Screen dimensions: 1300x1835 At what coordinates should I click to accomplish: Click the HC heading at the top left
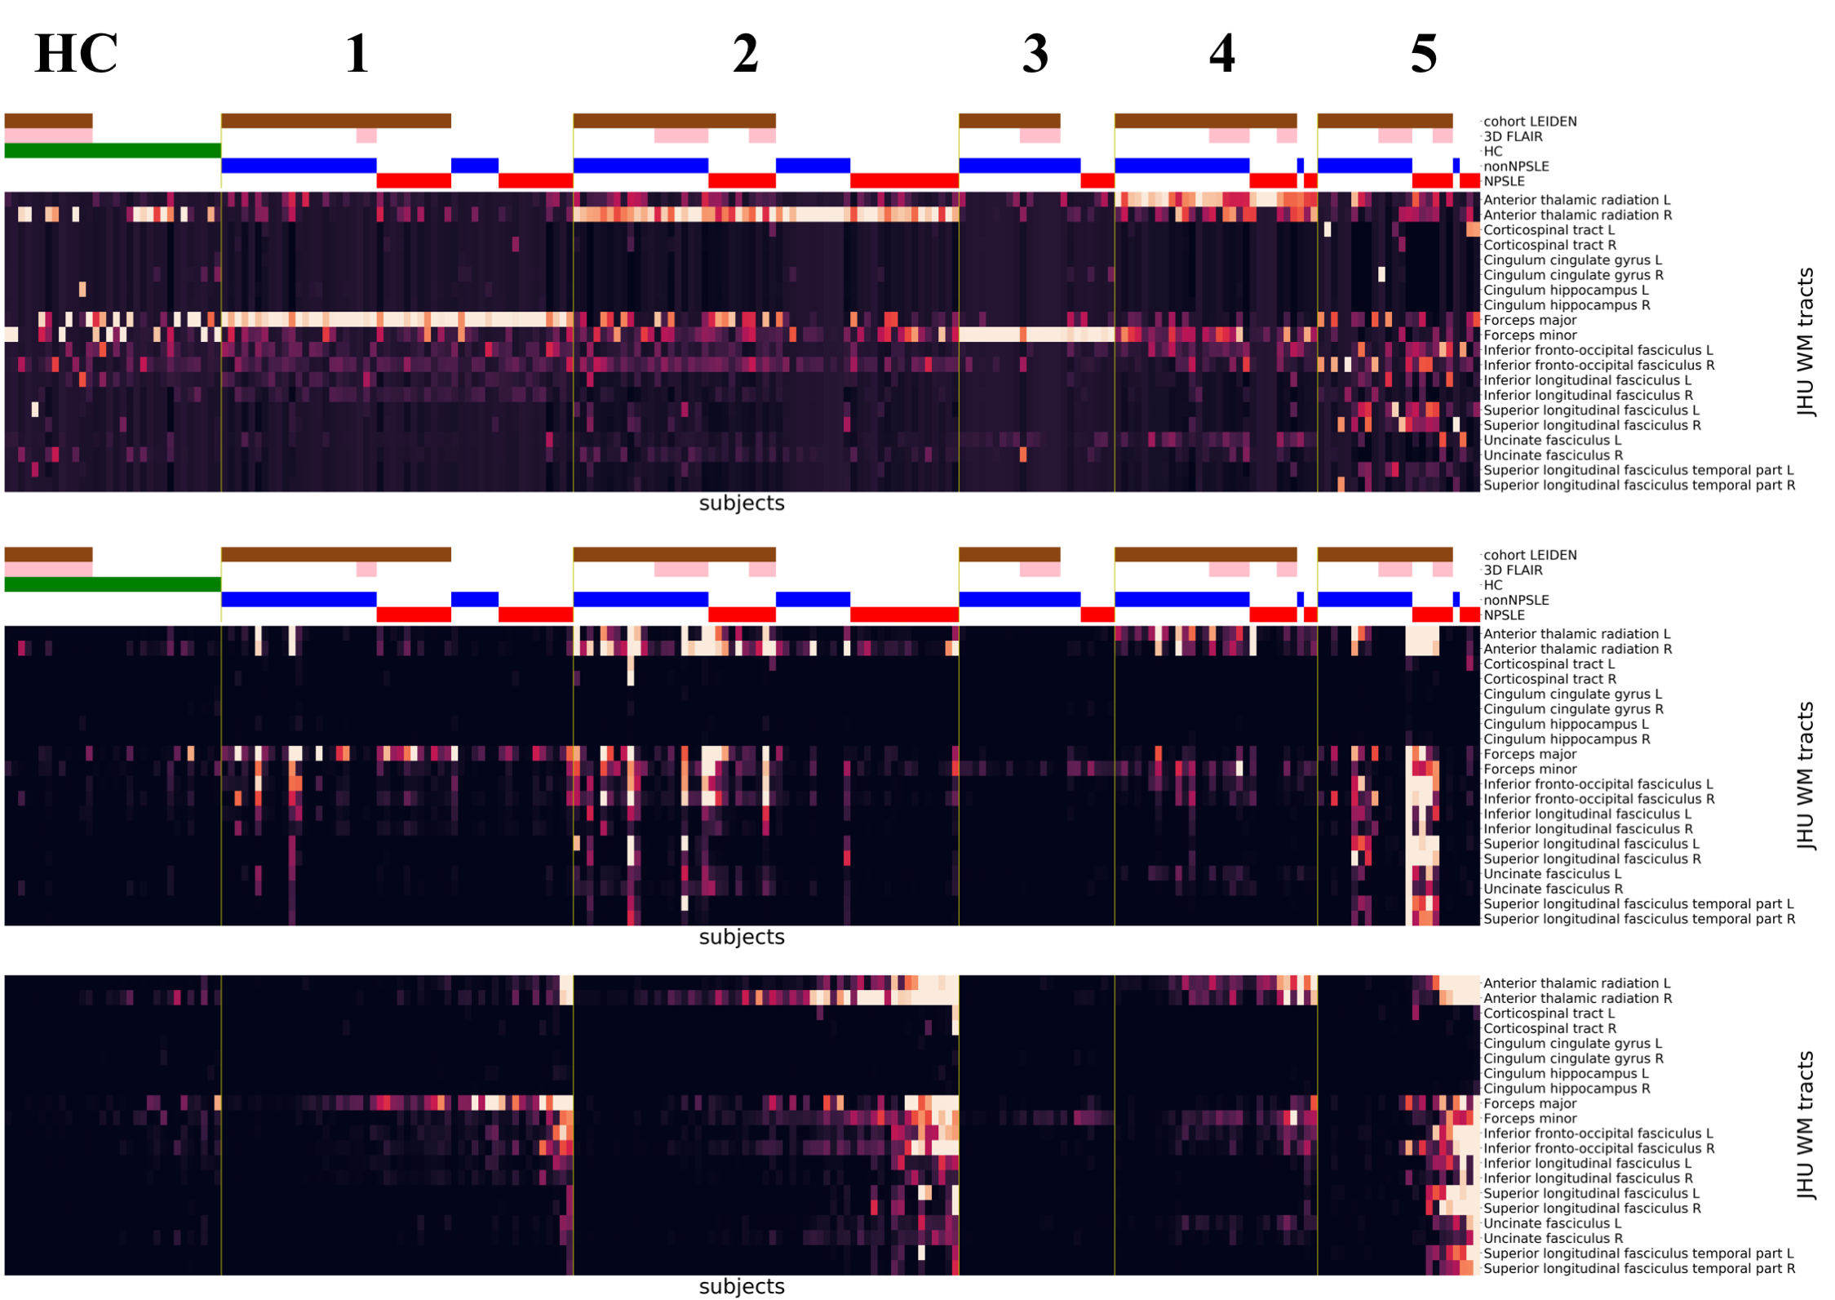(x=76, y=54)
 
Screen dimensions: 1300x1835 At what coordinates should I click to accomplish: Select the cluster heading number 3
(x=1035, y=54)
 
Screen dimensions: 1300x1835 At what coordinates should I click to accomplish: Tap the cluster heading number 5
(x=1423, y=54)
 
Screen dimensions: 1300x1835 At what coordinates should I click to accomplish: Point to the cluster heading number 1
(x=357, y=54)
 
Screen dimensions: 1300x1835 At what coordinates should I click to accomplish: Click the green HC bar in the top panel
(x=113, y=151)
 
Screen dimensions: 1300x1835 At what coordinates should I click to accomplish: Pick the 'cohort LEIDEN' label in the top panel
(x=1529, y=122)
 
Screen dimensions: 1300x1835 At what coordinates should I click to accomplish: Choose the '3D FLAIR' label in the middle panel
(x=1512, y=570)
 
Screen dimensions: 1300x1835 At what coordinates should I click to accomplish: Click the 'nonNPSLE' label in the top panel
(x=1515, y=166)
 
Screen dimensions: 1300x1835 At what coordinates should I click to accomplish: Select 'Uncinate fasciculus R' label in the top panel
(x=1552, y=455)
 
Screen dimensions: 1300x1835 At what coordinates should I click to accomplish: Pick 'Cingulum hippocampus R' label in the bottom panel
(x=1566, y=1089)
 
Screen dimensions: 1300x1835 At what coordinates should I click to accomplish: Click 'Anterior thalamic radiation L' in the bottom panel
(x=1576, y=983)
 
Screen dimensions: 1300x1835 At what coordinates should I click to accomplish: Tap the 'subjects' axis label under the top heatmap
(x=741, y=504)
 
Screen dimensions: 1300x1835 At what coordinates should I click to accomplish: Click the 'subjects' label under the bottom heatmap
(x=741, y=1287)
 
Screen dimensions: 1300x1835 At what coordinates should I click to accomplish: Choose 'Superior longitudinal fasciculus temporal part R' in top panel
(x=1638, y=486)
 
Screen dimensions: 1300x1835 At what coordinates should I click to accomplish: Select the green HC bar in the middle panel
(x=113, y=584)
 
